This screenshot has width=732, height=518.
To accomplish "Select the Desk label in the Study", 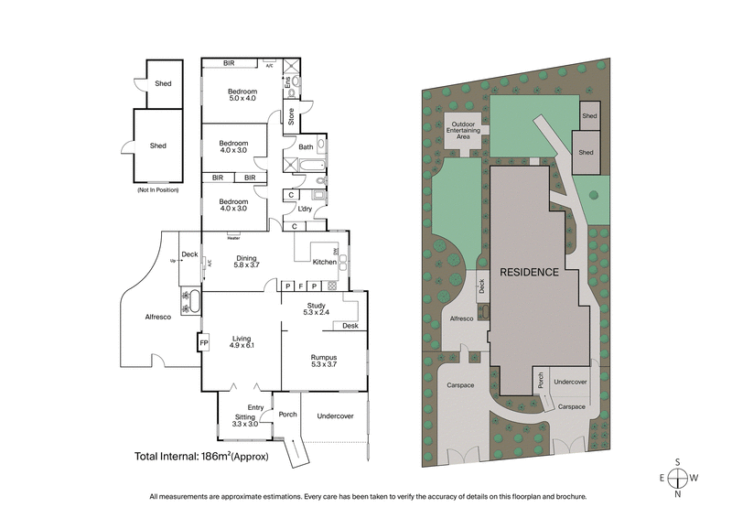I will (350, 326).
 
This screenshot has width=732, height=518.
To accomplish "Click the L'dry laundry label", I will (305, 209).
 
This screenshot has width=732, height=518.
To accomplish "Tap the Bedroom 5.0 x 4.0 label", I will (242, 95).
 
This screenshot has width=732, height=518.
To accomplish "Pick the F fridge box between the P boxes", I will (299, 286).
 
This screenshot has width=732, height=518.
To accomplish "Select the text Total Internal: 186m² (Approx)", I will (201, 456).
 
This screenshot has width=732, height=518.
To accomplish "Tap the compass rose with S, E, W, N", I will (676, 477).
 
